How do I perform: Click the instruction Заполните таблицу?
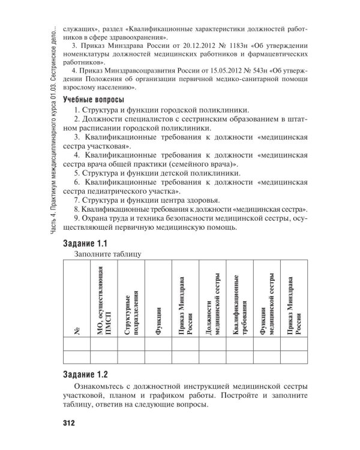point(107,254)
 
